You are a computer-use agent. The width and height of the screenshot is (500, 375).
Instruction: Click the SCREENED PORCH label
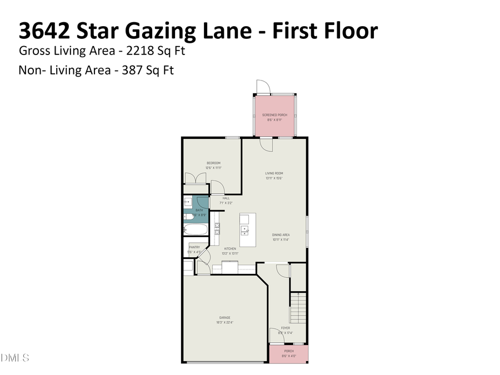coord(274,115)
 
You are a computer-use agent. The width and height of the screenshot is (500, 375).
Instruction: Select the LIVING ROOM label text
coord(274,173)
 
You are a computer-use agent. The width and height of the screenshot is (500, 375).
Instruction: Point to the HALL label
coord(226,198)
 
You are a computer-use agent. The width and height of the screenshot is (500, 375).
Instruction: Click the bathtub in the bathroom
coord(196,229)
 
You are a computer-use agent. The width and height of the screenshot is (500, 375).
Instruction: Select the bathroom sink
coord(188,202)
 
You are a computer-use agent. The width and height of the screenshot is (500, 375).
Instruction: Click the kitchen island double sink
coord(244,228)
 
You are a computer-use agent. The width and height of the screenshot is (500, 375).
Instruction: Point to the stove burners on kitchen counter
coord(217,228)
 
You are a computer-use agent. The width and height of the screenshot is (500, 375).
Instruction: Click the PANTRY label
coord(194,247)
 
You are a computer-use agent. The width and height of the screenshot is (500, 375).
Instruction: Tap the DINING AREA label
coord(281,235)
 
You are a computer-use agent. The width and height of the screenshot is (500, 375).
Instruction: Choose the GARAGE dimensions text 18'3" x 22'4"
coord(224,322)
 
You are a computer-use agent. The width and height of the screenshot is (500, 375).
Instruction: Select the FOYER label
coord(286,328)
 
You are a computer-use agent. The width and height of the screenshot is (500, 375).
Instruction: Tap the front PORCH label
coord(289,351)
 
